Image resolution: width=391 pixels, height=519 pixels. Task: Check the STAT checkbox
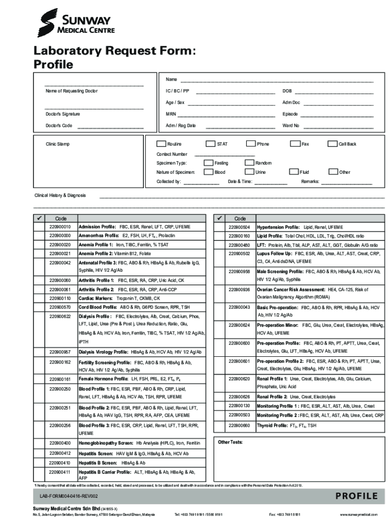coord(209,144)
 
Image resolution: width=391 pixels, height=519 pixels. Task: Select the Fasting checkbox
coord(208,163)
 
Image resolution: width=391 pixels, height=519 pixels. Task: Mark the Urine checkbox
coord(249,172)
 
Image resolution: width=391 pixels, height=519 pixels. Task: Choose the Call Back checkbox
coord(333,144)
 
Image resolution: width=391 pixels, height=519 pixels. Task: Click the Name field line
coord(277,82)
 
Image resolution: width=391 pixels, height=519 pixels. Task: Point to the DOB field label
coord(287,91)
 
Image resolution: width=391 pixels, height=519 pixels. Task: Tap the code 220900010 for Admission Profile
coord(60,227)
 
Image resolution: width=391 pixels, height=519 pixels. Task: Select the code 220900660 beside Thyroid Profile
coord(239,425)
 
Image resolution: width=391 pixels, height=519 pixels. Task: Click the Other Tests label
coord(231,442)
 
